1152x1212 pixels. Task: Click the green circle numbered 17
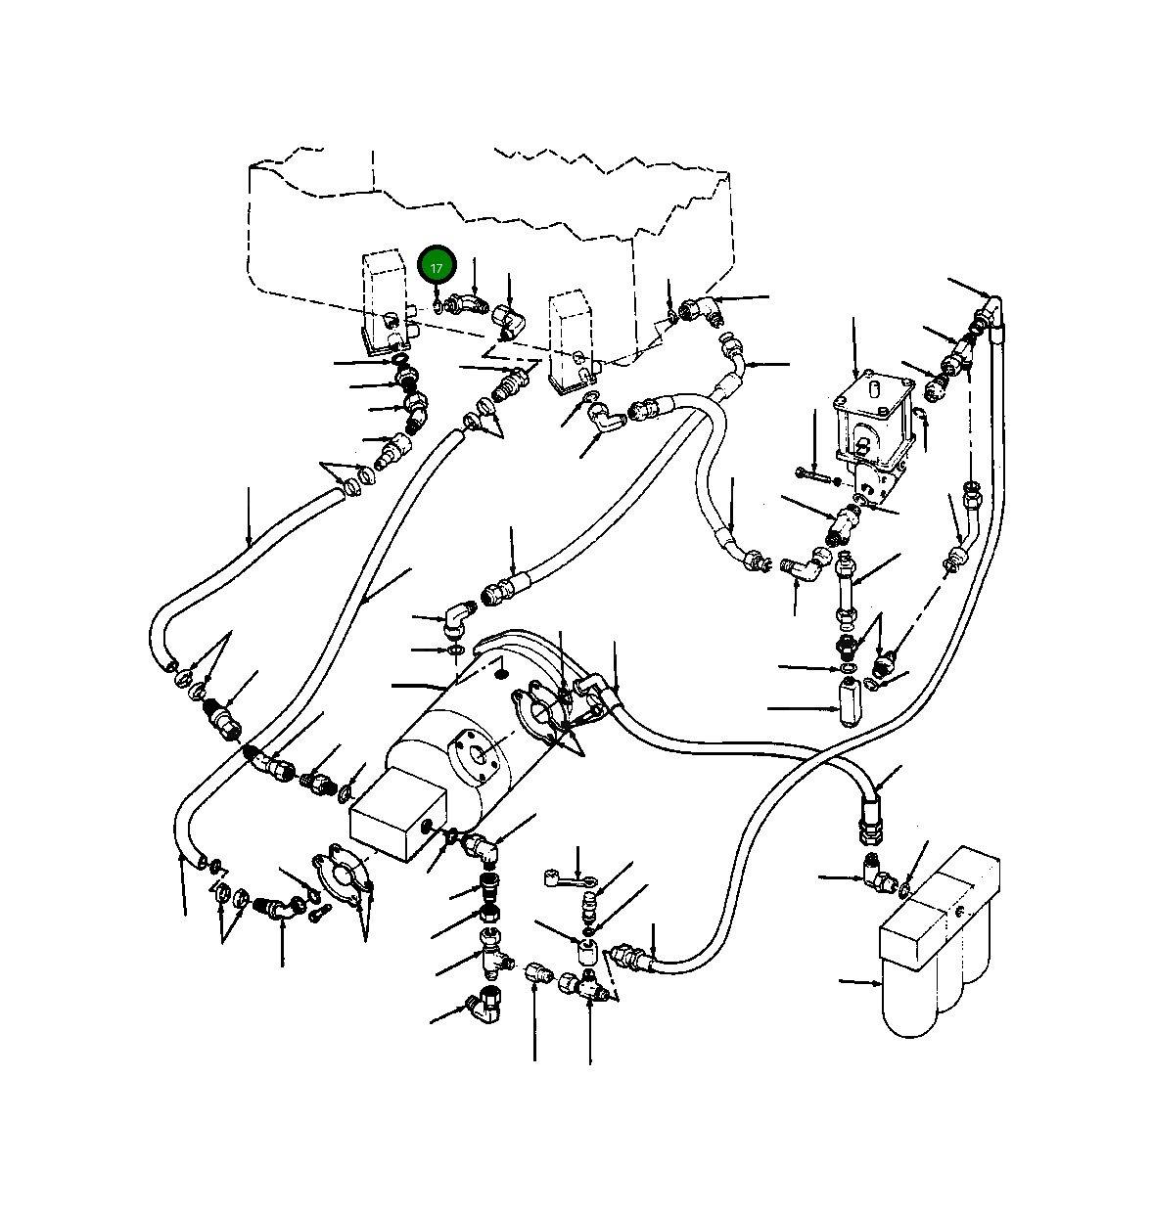click(x=437, y=266)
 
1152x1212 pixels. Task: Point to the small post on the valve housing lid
click(x=876, y=388)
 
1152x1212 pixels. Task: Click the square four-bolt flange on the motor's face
click(x=474, y=754)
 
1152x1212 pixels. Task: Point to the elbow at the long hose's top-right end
click(x=991, y=310)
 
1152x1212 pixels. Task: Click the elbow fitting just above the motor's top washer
click(x=455, y=618)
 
